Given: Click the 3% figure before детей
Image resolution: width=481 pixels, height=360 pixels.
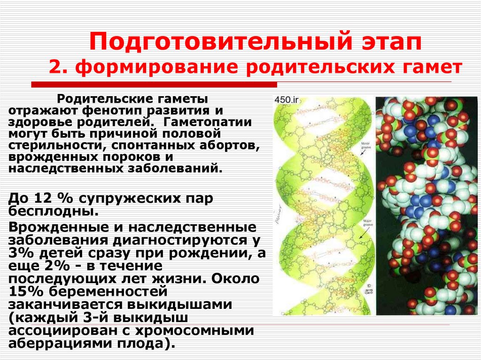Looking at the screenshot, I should (x=20, y=254).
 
